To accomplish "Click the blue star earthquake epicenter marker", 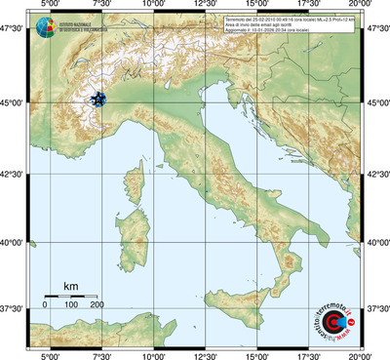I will tap(97, 100).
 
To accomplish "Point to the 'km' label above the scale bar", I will tap(71, 286).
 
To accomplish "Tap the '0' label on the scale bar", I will tap(45, 305).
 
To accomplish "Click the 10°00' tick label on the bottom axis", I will tap(153, 355).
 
